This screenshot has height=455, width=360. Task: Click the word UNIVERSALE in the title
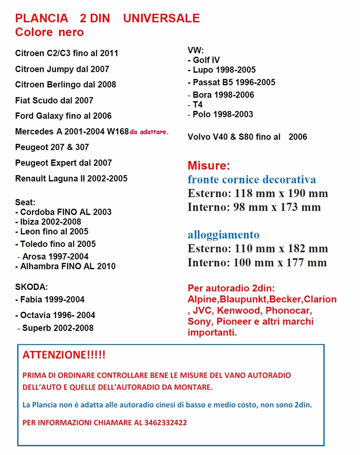161,18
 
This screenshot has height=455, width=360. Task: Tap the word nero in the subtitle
71,32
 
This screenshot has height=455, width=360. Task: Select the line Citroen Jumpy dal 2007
62,69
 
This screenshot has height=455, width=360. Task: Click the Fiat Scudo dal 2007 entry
54,100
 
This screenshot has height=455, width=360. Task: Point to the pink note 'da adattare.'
149,132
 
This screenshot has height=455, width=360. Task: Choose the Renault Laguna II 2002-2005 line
71,178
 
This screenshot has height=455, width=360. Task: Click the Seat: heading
25,202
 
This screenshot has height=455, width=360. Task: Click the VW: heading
196,50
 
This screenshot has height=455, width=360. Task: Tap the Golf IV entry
206,60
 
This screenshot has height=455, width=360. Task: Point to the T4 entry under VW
197,104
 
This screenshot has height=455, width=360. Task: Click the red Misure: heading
209,165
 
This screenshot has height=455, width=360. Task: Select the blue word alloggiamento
224,235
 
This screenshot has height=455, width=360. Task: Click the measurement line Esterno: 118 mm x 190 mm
258,193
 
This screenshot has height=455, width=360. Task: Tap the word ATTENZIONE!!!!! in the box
64,355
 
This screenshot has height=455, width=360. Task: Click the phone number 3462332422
166,423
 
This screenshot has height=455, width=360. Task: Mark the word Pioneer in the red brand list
234,321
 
